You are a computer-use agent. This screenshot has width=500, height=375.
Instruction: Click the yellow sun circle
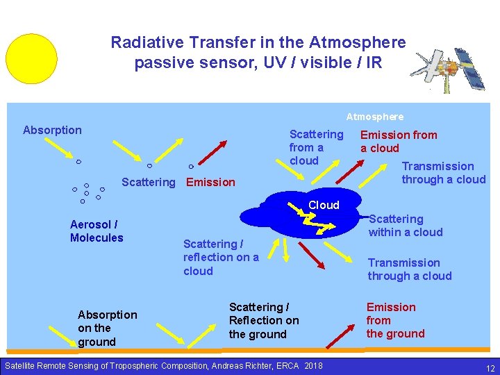point(31,58)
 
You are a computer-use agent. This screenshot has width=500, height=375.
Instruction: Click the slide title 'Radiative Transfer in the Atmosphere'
point(258,42)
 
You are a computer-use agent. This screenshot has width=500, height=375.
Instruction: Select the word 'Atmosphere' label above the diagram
point(375,117)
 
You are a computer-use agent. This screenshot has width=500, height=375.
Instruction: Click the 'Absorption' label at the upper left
point(52,130)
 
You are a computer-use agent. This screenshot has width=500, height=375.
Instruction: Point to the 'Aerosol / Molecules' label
point(97,231)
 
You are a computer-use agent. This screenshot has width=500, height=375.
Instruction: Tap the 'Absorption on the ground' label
point(107,328)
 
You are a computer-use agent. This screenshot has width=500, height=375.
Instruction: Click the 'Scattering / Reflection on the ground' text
point(264,321)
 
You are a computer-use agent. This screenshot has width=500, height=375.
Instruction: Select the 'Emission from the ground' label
point(395,320)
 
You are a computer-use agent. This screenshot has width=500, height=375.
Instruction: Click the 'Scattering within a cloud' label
point(405,226)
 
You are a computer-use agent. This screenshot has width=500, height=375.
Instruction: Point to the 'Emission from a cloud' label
point(398,142)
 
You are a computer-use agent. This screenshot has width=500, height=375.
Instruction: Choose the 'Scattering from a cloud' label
point(316,147)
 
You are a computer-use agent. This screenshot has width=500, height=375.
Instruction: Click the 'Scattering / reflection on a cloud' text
point(221,257)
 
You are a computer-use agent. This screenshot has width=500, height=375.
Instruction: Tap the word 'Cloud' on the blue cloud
point(324,205)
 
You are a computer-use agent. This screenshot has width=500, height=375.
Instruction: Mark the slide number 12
point(490,367)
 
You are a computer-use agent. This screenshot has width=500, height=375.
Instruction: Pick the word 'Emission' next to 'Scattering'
point(211,182)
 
